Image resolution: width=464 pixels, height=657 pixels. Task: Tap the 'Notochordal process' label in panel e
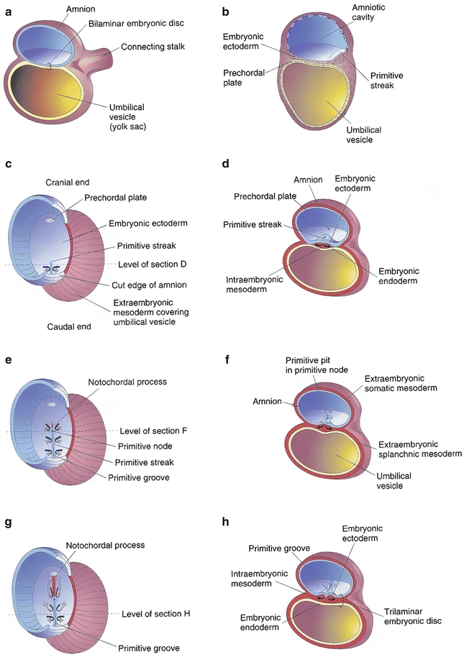[127, 382]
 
